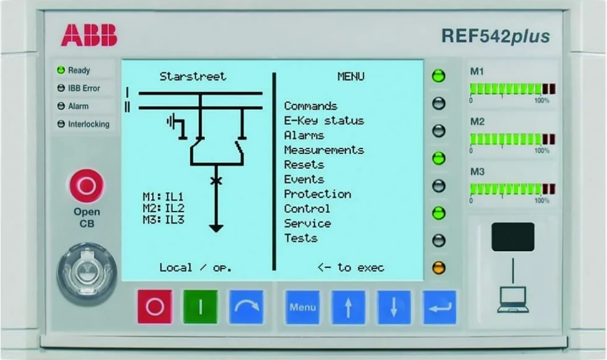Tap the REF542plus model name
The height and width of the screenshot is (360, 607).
point(495,37)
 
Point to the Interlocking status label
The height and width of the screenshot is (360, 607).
point(88,124)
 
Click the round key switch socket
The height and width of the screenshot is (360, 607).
point(86,272)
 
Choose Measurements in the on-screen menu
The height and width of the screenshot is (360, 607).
point(324,150)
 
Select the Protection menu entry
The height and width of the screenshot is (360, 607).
point(317,194)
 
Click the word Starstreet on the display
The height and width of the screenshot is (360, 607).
point(193,77)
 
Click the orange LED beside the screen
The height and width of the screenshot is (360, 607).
point(439,268)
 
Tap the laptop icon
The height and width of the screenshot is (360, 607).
point(513,300)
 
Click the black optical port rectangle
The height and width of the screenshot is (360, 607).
point(513,237)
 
